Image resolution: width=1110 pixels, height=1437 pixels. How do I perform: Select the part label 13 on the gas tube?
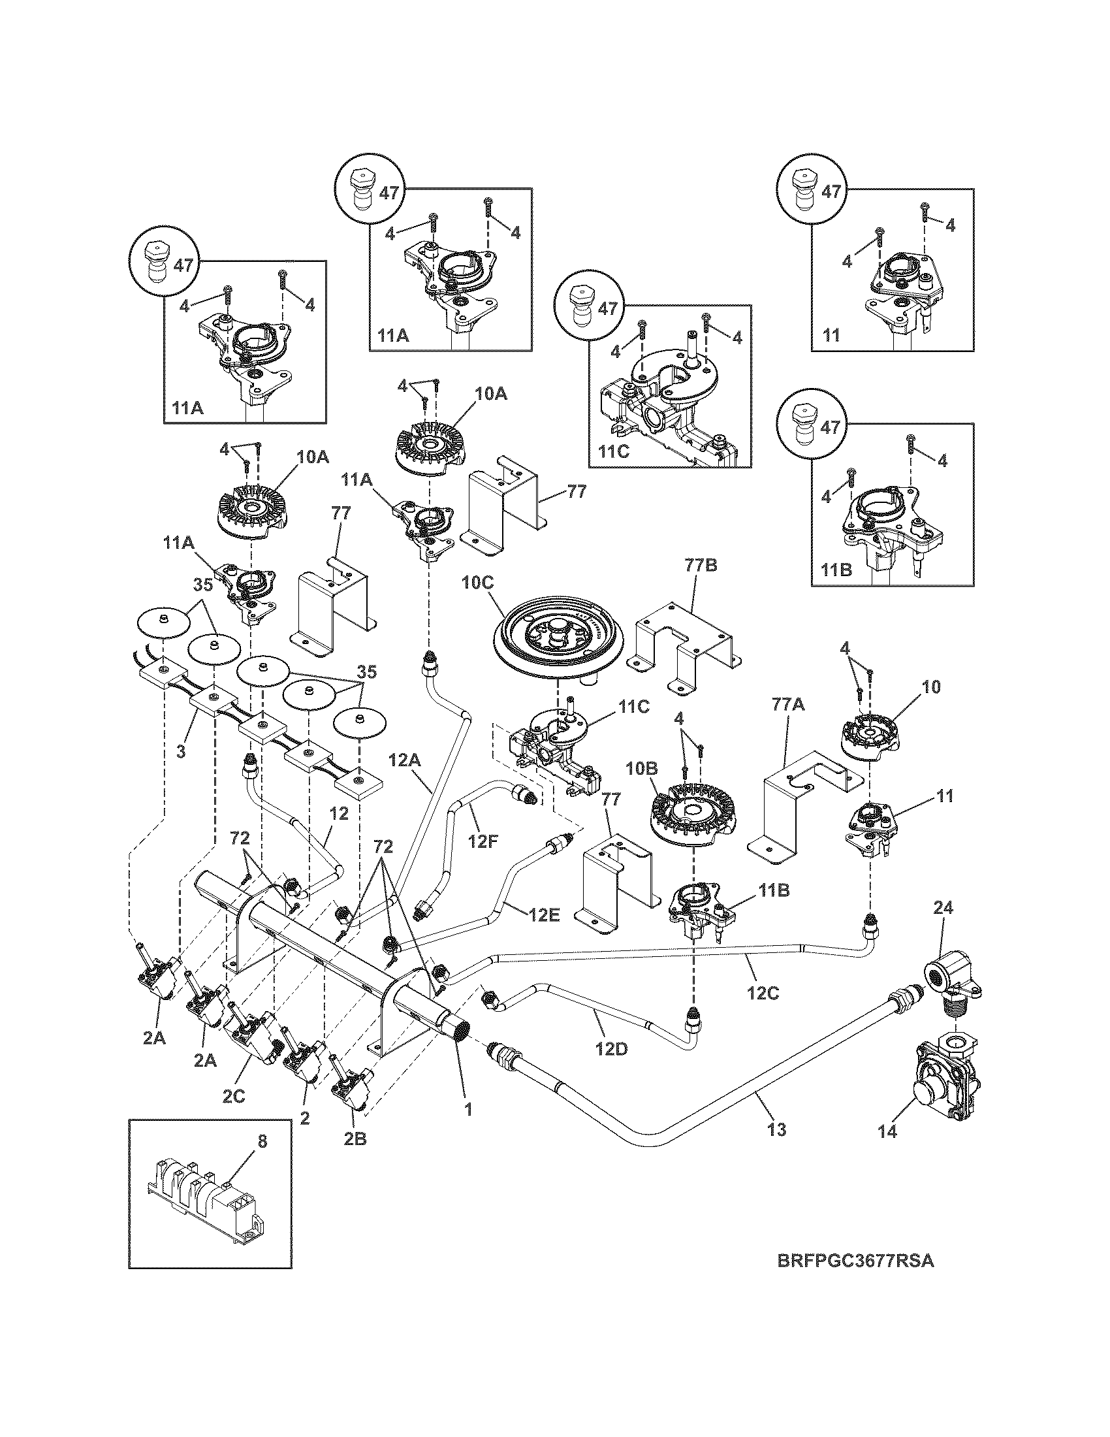pyautogui.click(x=776, y=1130)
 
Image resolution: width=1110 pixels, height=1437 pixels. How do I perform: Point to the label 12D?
pyautogui.click(x=612, y=1048)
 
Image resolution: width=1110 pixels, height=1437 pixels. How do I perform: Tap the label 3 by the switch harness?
pyautogui.click(x=181, y=751)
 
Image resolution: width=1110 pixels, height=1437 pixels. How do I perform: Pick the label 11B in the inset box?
pyautogui.click(x=838, y=570)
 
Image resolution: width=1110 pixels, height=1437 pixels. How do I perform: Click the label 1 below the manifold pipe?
pyautogui.click(x=468, y=1109)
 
